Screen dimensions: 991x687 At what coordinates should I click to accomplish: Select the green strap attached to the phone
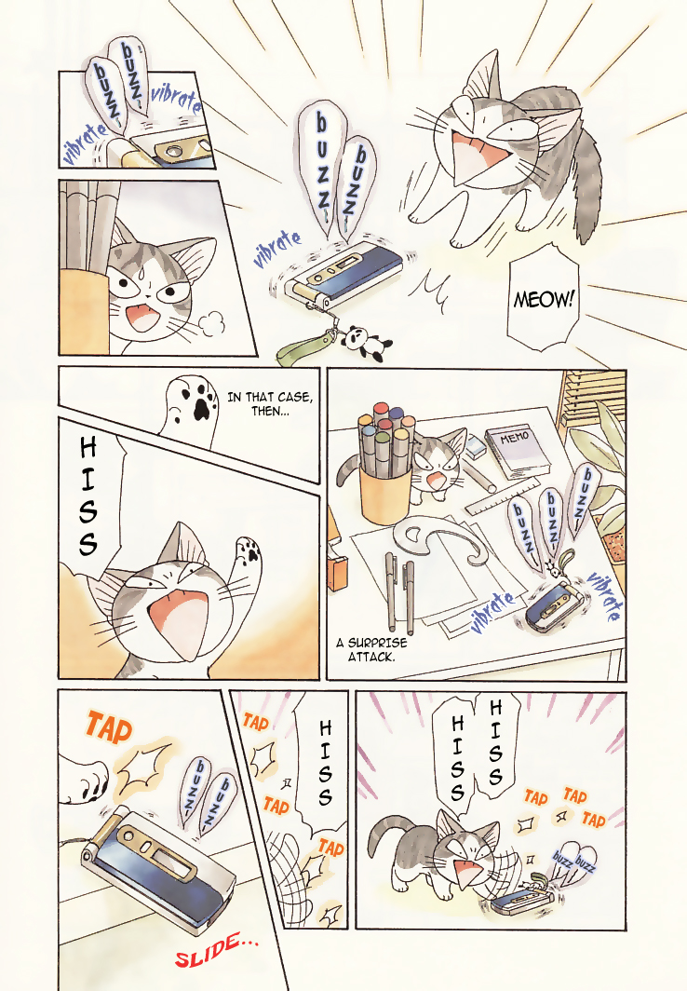click(302, 351)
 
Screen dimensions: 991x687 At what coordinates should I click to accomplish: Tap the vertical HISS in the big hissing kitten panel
click(88, 498)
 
